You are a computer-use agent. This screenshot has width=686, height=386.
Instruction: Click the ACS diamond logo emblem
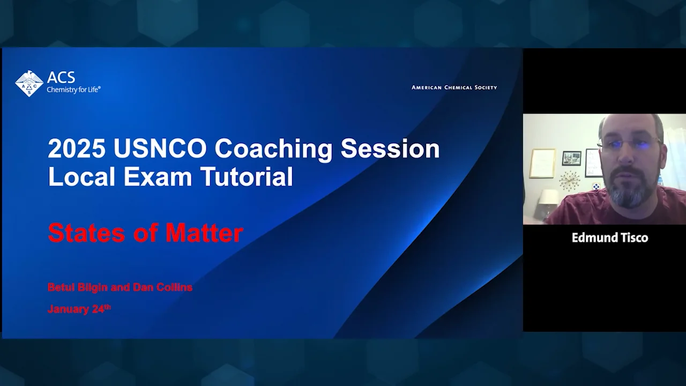[x=29, y=84]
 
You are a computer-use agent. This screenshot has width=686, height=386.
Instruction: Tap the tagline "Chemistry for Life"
[x=73, y=90]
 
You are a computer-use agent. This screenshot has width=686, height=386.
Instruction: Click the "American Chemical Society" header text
[x=454, y=87]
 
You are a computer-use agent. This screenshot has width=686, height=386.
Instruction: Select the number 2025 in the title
[x=77, y=149]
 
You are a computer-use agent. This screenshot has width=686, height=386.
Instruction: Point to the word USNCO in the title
[x=160, y=149]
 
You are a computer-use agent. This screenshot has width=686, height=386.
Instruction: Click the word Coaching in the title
[x=273, y=149]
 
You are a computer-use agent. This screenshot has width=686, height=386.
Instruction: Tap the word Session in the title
[x=390, y=149]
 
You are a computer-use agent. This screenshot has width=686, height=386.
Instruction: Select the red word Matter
[x=204, y=233]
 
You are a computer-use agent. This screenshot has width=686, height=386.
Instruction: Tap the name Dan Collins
[x=162, y=287]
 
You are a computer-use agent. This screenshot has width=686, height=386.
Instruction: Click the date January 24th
[x=79, y=309]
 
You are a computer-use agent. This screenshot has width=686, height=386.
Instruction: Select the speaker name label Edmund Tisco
[x=609, y=237]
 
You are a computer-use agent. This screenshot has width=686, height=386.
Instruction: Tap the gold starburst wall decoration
[x=569, y=181]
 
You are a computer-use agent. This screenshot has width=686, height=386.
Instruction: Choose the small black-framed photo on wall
[x=571, y=158]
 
